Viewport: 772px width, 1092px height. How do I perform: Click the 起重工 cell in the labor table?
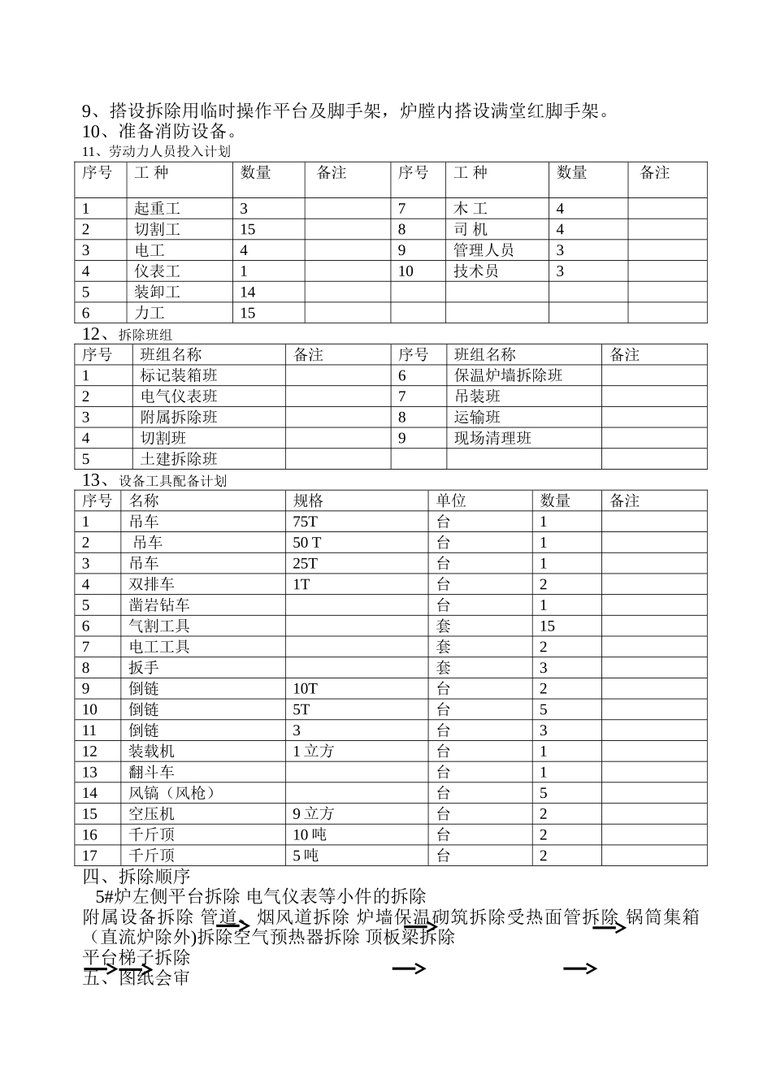click(x=157, y=209)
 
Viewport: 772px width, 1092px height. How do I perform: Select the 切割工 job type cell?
click(x=157, y=230)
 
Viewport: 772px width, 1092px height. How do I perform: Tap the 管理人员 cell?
click(x=484, y=250)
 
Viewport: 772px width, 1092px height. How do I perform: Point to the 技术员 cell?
click(x=475, y=271)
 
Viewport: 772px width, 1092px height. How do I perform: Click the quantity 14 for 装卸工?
click(x=248, y=292)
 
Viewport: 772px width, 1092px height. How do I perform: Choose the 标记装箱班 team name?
click(x=179, y=375)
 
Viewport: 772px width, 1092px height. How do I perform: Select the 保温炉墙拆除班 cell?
click(x=508, y=375)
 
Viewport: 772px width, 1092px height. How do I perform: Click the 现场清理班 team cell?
click(x=492, y=438)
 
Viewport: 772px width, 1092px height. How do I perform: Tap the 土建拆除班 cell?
click(x=179, y=459)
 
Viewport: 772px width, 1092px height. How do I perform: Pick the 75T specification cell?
click(x=306, y=522)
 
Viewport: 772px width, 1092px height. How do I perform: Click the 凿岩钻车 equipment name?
click(x=159, y=605)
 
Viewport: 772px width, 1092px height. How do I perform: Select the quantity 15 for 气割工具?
click(x=547, y=626)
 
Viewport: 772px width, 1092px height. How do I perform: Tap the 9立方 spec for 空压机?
click(x=313, y=814)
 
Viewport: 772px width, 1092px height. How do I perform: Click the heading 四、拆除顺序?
click(x=137, y=877)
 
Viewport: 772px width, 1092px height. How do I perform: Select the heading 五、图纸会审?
click(x=137, y=977)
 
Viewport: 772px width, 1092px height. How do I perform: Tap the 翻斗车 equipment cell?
click(x=151, y=772)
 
